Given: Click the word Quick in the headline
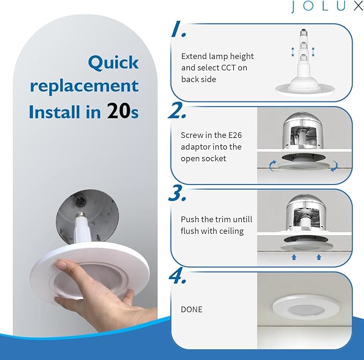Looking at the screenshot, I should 113,63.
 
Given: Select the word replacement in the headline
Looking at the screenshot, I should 84,86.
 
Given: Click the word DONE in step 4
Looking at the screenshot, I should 192,310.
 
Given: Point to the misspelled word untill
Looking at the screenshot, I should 240,219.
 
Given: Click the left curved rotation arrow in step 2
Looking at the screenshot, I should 273,167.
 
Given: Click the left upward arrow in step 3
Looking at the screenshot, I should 294,257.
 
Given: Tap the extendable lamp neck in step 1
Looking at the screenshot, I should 302,54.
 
